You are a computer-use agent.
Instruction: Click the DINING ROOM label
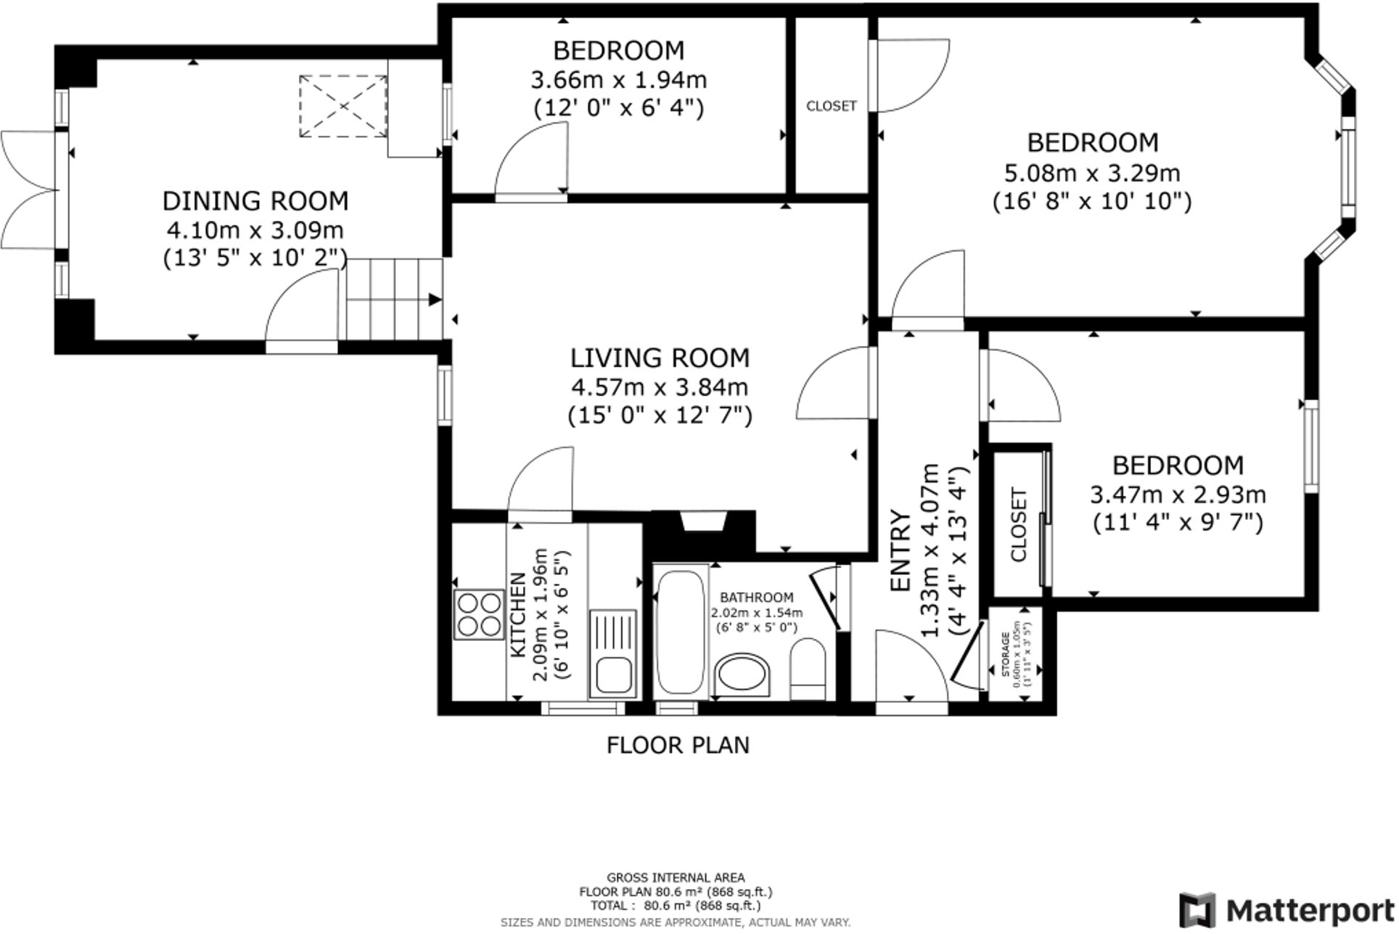coord(255,201)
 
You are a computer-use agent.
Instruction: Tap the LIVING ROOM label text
coord(659,358)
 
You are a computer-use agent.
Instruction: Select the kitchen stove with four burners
coord(478,615)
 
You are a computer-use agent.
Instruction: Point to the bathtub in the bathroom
coord(679,631)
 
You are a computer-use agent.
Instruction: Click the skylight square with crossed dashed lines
coord(343,106)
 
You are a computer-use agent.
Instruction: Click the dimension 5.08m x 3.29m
coord(1091,173)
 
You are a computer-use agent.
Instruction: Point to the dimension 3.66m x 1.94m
coord(618,78)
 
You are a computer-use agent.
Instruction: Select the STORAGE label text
coord(1005,654)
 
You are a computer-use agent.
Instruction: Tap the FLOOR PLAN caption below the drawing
coord(677,745)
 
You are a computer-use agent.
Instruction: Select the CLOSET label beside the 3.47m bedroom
coord(1018,525)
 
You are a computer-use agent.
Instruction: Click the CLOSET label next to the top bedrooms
coord(831,106)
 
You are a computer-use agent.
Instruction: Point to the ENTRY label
coord(900,551)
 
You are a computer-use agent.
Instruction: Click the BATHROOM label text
coord(756,598)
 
